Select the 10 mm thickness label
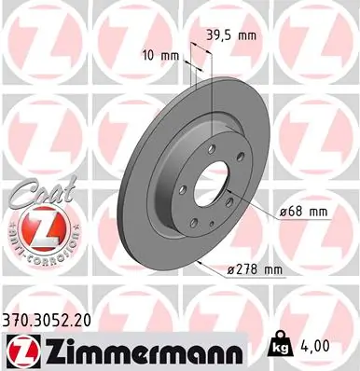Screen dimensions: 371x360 click(159, 55)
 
